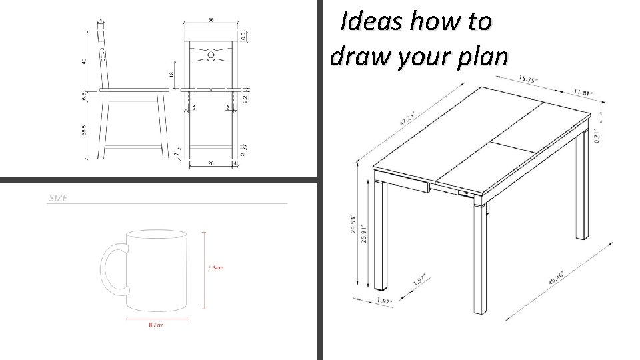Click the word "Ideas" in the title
[365, 22]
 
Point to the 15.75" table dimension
[531, 80]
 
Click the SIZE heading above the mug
[57, 199]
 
